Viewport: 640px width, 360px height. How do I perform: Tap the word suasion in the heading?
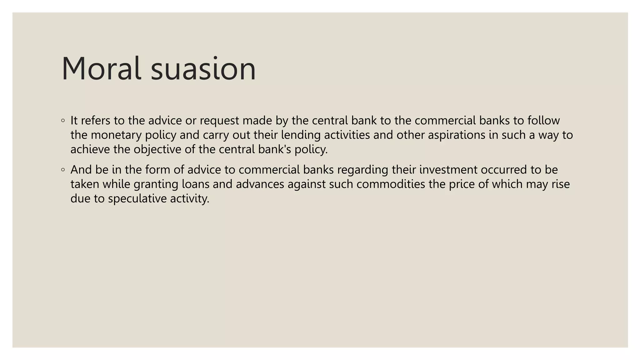pos(203,69)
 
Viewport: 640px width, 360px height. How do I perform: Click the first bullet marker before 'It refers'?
pos(63,121)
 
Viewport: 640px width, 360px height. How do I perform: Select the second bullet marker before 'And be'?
pos(63,170)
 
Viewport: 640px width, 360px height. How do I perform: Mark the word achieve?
pos(90,149)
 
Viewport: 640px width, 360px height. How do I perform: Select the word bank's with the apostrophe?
pos(275,149)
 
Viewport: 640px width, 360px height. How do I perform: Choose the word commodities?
pos(391,184)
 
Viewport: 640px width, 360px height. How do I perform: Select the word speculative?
pos(137,199)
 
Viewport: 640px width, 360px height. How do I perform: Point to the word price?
pos(462,184)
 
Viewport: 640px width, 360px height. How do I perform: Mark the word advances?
pos(260,184)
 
